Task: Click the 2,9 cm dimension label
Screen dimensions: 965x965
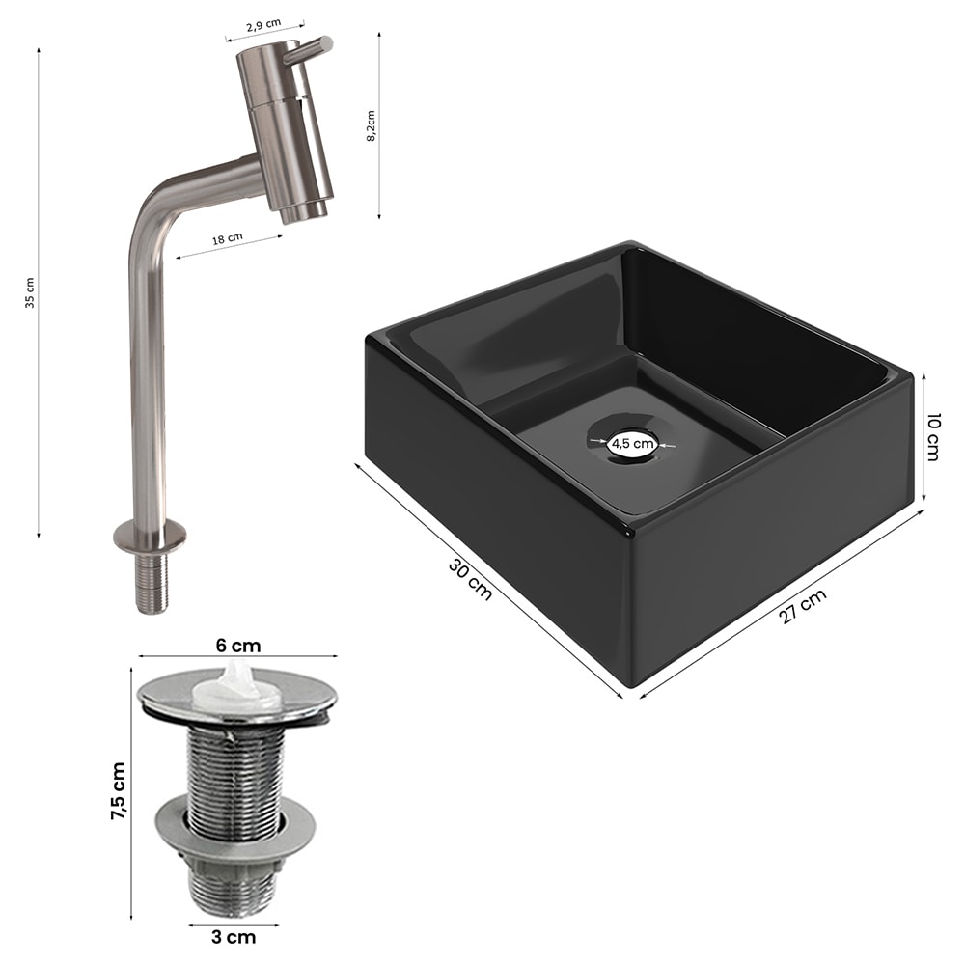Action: coord(263,25)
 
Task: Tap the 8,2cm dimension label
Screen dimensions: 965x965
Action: coord(371,126)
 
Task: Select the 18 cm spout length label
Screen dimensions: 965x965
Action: coord(228,238)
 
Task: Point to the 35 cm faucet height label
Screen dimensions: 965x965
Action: coord(30,292)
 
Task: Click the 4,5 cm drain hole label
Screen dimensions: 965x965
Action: coord(632,443)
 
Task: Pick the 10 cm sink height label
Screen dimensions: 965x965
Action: coord(933,437)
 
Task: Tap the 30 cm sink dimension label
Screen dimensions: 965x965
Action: coord(470,579)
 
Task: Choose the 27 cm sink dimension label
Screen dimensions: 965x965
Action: coord(803,607)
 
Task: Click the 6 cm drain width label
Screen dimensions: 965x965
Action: coord(238,646)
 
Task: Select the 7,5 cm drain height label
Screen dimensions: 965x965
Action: coord(118,791)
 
